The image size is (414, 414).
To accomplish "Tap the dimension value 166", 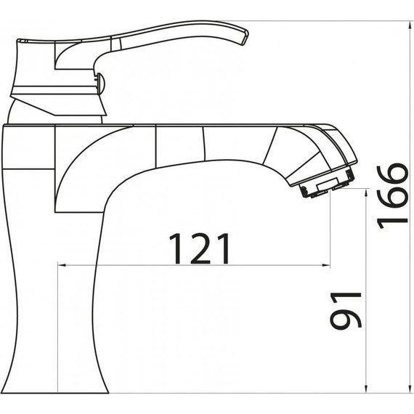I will coord(393,195).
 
